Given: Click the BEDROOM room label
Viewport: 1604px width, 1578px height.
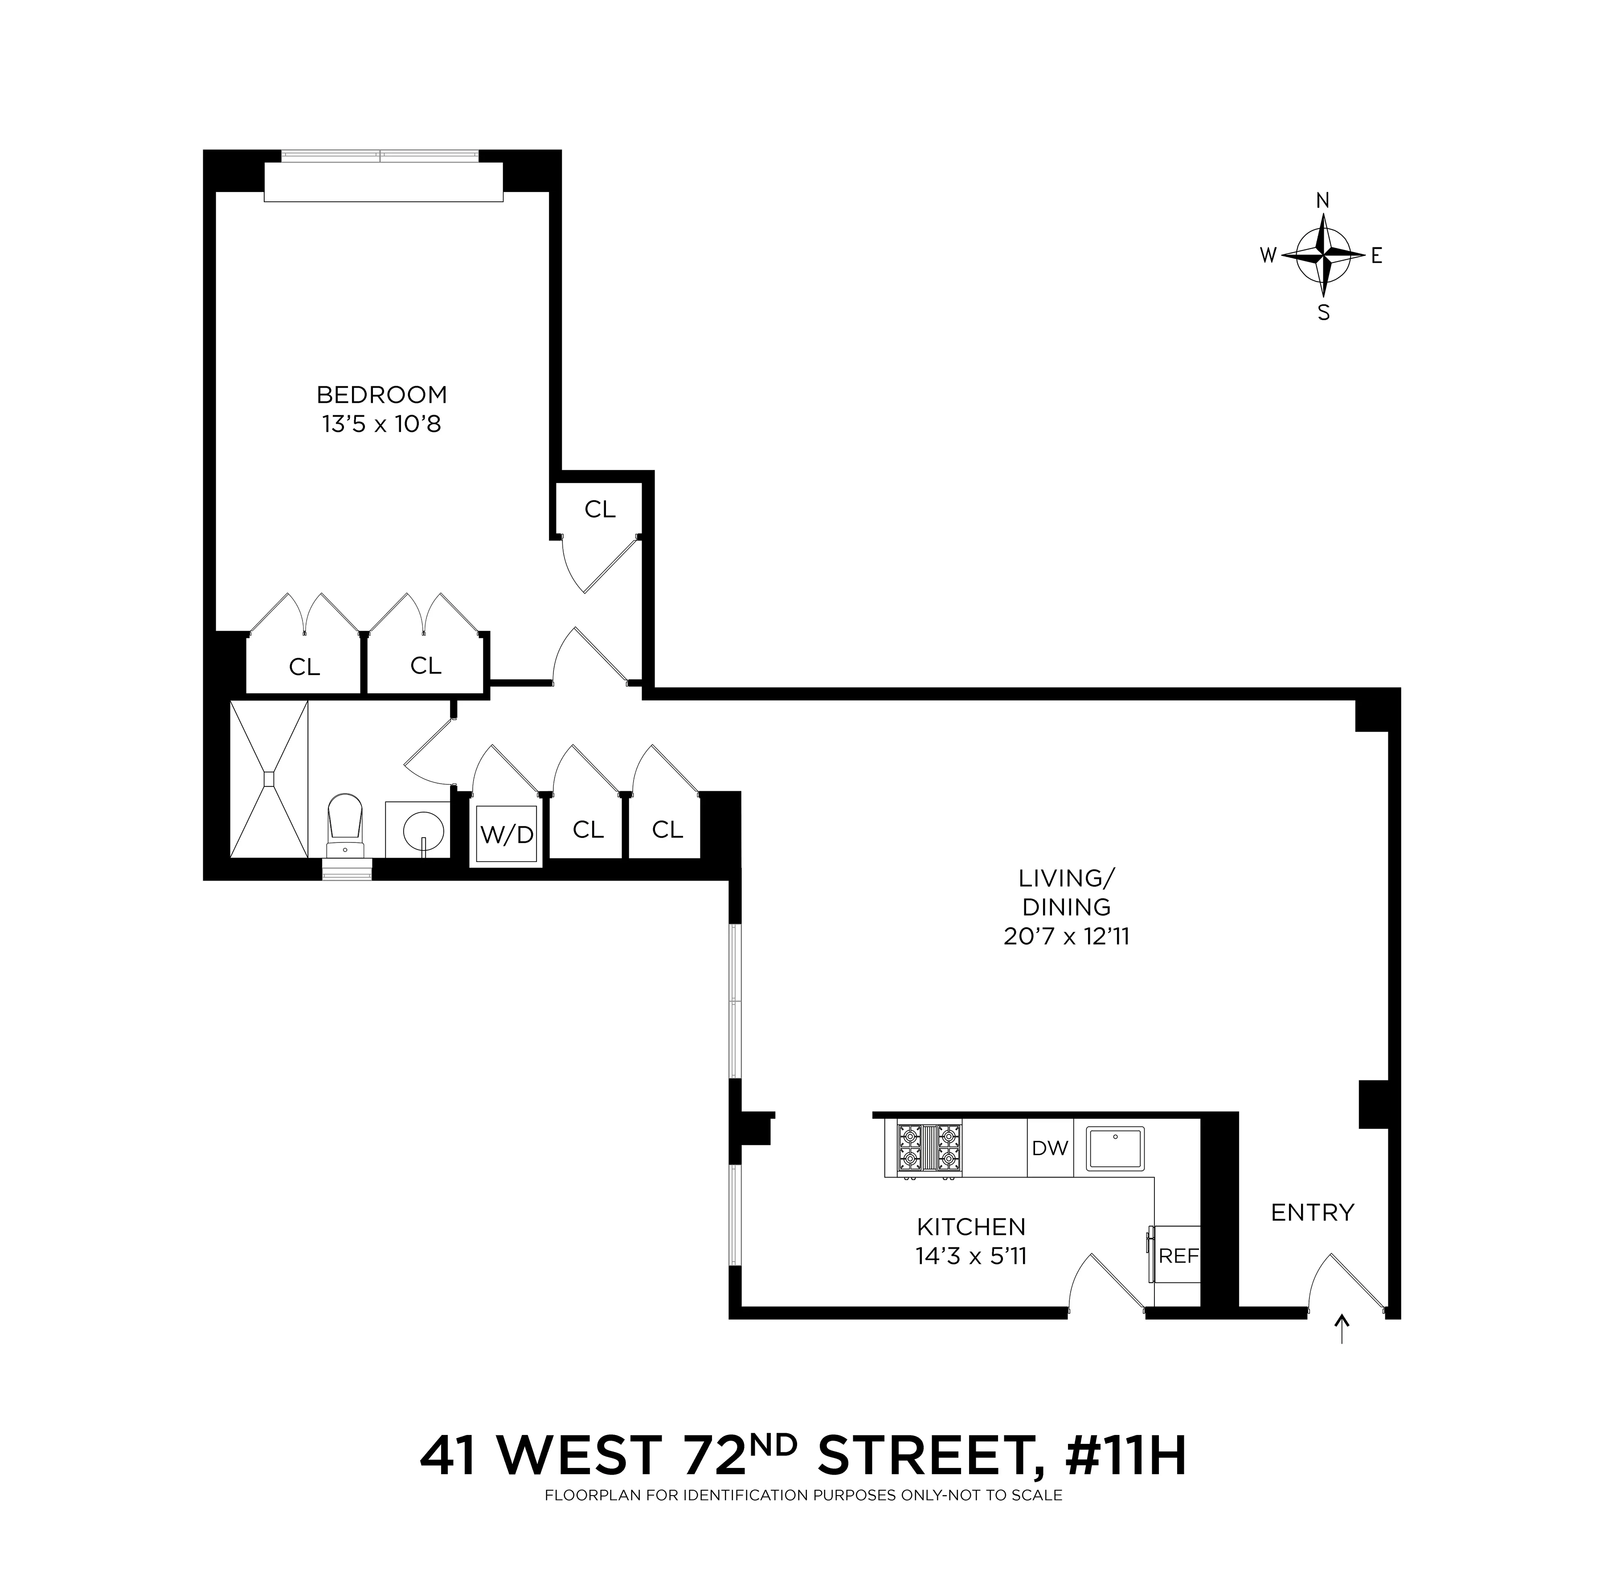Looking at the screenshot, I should tap(381, 395).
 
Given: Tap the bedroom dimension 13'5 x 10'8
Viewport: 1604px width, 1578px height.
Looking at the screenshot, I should tap(381, 424).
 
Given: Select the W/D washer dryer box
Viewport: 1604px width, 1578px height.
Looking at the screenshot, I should tap(507, 834).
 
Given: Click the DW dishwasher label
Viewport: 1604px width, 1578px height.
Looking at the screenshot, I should tap(1049, 1148).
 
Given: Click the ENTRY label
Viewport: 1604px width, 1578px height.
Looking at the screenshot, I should tap(1312, 1213).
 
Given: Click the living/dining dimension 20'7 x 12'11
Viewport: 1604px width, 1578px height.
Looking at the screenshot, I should tap(1066, 936).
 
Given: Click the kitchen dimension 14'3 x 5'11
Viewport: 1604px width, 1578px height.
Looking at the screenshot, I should tap(971, 1256).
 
